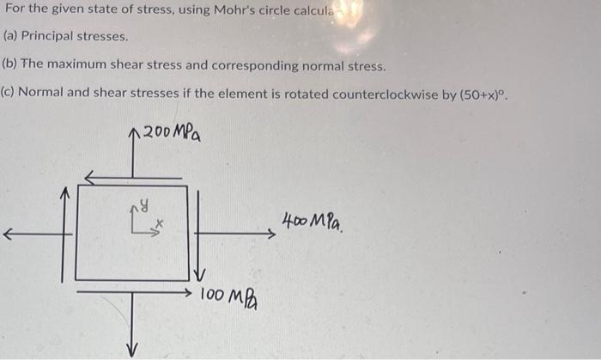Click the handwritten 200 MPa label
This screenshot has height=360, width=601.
172,132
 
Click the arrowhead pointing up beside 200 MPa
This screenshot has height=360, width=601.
132,132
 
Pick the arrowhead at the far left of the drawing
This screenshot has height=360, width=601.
7,232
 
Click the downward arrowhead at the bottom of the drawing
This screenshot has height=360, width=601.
132,350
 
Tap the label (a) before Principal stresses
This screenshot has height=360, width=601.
11,37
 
